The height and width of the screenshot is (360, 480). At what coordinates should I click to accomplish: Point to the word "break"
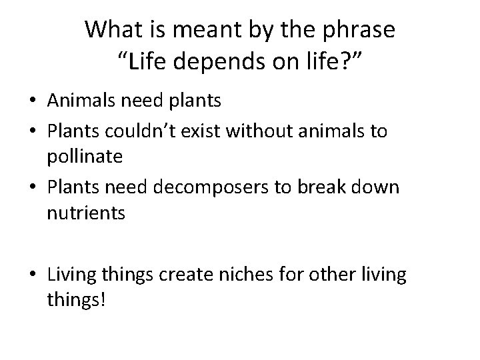coord(319,187)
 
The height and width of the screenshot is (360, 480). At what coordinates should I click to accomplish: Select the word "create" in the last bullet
coord(180,275)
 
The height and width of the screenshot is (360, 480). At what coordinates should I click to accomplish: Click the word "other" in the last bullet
coord(323,275)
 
